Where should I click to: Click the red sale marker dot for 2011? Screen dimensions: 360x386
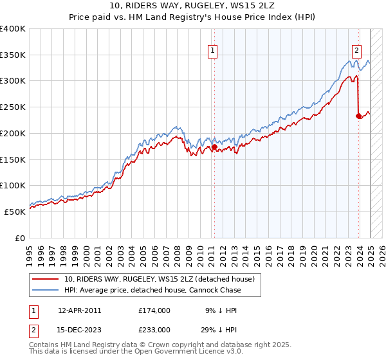pyautogui.click(x=214, y=147)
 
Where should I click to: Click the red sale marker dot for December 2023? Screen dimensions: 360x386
pyautogui.click(x=358, y=116)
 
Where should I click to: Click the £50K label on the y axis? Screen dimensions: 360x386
pyautogui.click(x=15, y=212)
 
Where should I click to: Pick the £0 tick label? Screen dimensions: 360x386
pyautogui.click(x=20, y=238)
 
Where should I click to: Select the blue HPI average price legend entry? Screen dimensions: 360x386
pyautogui.click(x=152, y=290)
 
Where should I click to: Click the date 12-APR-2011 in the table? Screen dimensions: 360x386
pyautogui.click(x=80, y=310)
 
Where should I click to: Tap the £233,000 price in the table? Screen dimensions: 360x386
pyautogui.click(x=154, y=330)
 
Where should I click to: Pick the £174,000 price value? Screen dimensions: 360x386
pyautogui.click(x=154, y=310)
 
